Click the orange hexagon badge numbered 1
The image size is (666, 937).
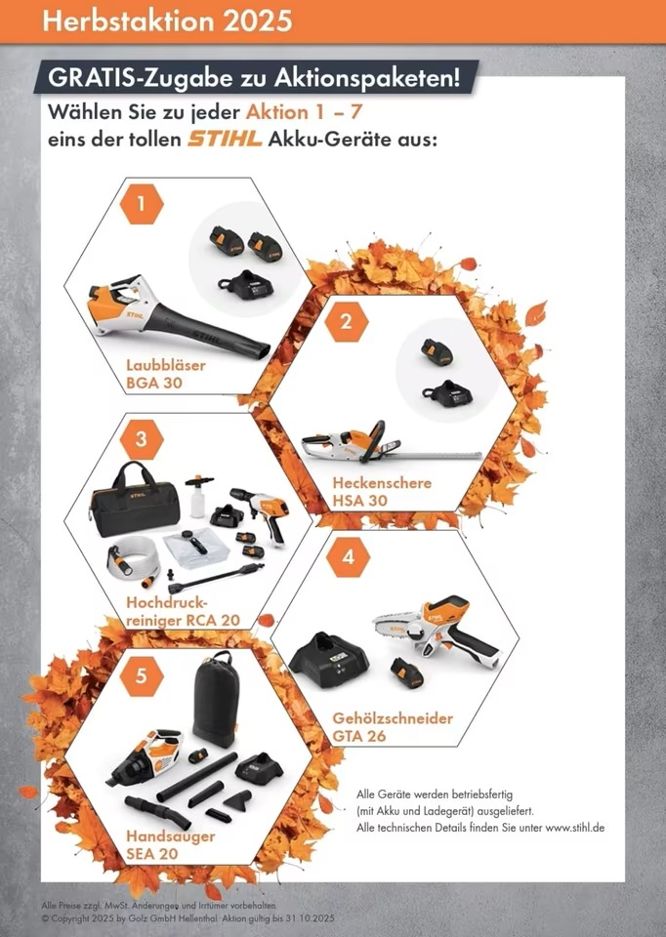point(142,204)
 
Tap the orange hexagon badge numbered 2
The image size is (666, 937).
point(347,322)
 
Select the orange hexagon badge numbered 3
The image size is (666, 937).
point(142,439)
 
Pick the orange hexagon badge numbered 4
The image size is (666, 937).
point(348,557)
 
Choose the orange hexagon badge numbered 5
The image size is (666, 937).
point(142,675)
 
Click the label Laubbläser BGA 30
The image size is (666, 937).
point(166,374)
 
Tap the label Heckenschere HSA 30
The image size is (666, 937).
point(382,491)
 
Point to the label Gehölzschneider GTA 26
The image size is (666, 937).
point(393,726)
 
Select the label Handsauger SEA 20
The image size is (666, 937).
point(170,844)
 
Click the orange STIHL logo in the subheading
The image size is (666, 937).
point(225,140)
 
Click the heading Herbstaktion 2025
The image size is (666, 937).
point(167,20)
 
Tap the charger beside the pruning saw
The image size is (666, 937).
point(328,661)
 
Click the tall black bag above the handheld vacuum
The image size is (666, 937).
point(215,699)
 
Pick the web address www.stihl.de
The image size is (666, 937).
point(574,828)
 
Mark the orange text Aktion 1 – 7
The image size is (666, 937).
point(304,111)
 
